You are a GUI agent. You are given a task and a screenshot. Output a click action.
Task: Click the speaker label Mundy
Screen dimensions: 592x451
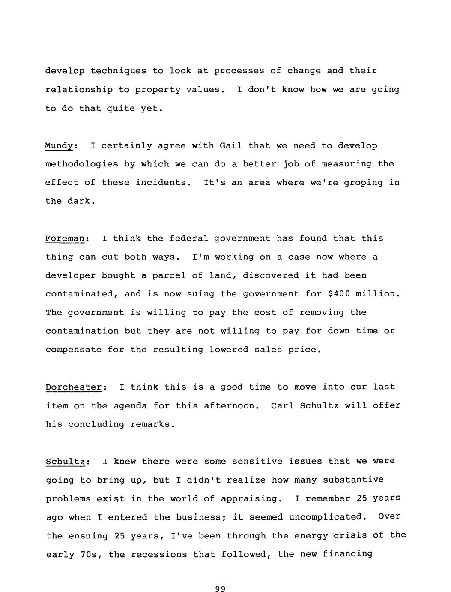pyautogui.click(x=60, y=146)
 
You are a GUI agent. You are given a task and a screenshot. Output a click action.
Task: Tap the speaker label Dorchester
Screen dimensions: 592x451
pyautogui.click(x=74, y=387)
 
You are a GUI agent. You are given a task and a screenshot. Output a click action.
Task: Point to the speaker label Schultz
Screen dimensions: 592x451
pyautogui.click(x=66, y=462)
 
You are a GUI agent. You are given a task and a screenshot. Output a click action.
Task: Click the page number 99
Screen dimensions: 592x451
pyautogui.click(x=220, y=589)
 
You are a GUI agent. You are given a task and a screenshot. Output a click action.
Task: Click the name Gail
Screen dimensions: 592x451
pyautogui.click(x=231, y=146)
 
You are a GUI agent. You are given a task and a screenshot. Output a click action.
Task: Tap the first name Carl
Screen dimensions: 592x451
pyautogui.click(x=282, y=405)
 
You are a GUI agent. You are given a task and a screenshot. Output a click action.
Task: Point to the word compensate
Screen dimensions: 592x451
pyautogui.click(x=73, y=350)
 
